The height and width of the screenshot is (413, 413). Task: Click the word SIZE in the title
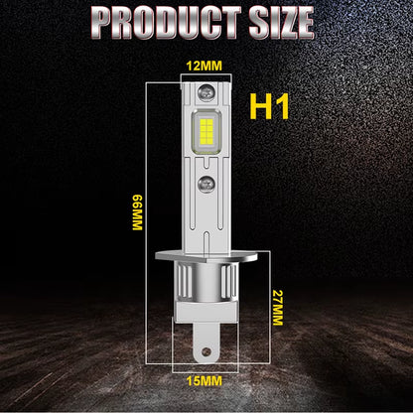284,21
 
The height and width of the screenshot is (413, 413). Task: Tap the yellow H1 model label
270,107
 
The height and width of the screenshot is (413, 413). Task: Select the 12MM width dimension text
205,66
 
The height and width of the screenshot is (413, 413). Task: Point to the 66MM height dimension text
137,210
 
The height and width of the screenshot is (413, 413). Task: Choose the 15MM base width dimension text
206,380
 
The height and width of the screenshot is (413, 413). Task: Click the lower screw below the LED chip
206,185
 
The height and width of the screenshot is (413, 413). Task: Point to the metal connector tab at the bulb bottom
206,348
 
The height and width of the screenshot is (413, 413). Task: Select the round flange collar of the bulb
206,265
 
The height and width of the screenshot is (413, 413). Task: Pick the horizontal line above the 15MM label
206,369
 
